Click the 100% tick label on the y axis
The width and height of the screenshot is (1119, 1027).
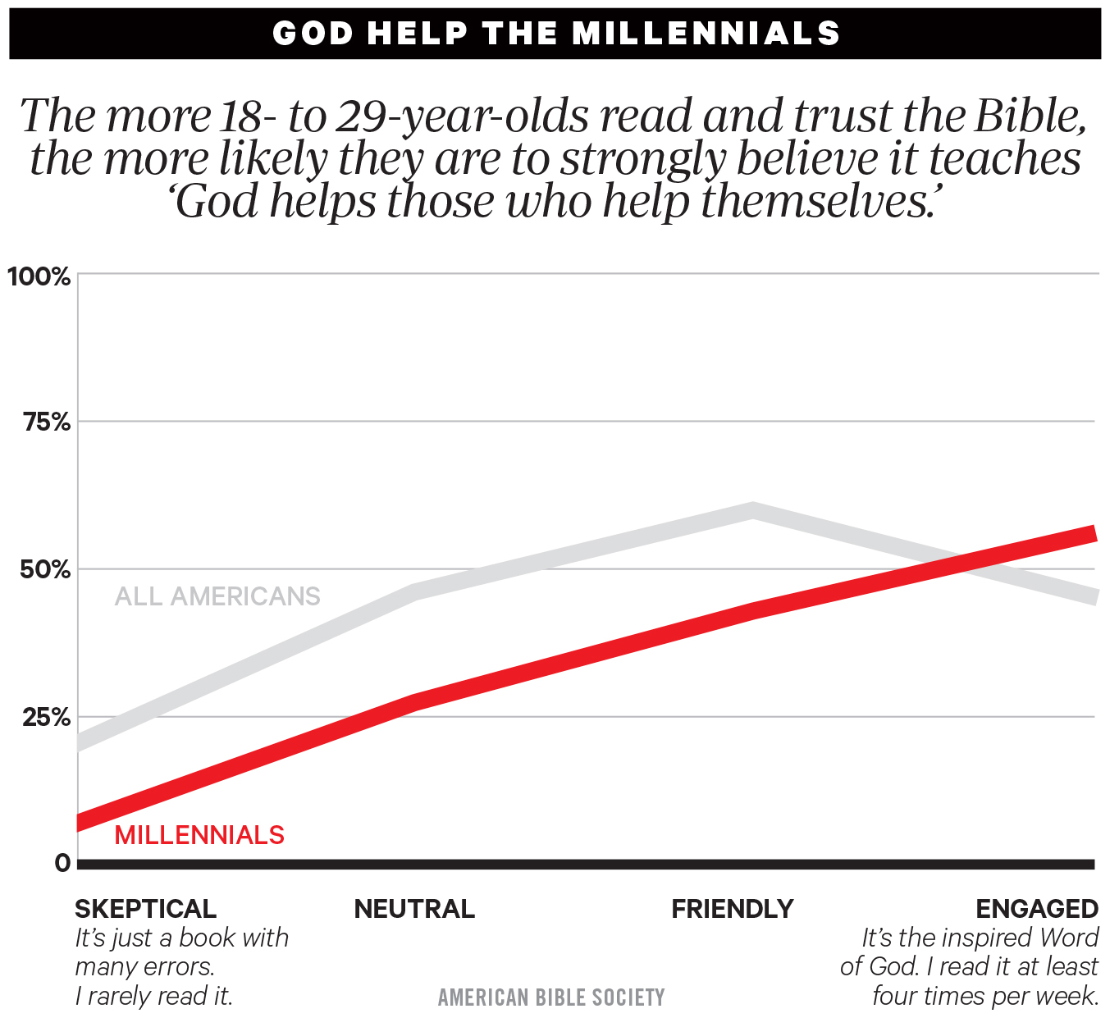pyautogui.click(x=39, y=276)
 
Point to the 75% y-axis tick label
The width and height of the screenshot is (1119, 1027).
pyautogui.click(x=46, y=423)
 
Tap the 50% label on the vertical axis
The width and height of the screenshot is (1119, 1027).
pyautogui.click(x=45, y=570)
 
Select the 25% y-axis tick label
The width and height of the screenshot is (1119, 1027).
pyautogui.click(x=46, y=718)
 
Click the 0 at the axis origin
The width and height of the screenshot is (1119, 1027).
pyautogui.click(x=62, y=863)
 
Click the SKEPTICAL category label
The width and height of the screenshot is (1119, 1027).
pyautogui.click(x=145, y=909)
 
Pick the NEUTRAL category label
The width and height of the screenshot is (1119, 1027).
pyautogui.click(x=414, y=909)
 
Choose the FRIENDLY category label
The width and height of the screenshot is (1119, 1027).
pyautogui.click(x=733, y=909)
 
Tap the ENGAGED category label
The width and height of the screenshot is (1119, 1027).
pyautogui.click(x=1037, y=909)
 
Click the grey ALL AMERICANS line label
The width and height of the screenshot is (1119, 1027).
pyautogui.click(x=217, y=596)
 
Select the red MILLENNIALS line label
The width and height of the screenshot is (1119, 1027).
pyautogui.click(x=199, y=835)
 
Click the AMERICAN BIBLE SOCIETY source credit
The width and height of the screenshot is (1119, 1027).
pyautogui.click(x=551, y=997)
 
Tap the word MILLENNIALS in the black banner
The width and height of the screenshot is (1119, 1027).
pyautogui.click(x=706, y=34)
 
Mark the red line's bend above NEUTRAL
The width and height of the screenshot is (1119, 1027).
pyautogui.click(x=414, y=702)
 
